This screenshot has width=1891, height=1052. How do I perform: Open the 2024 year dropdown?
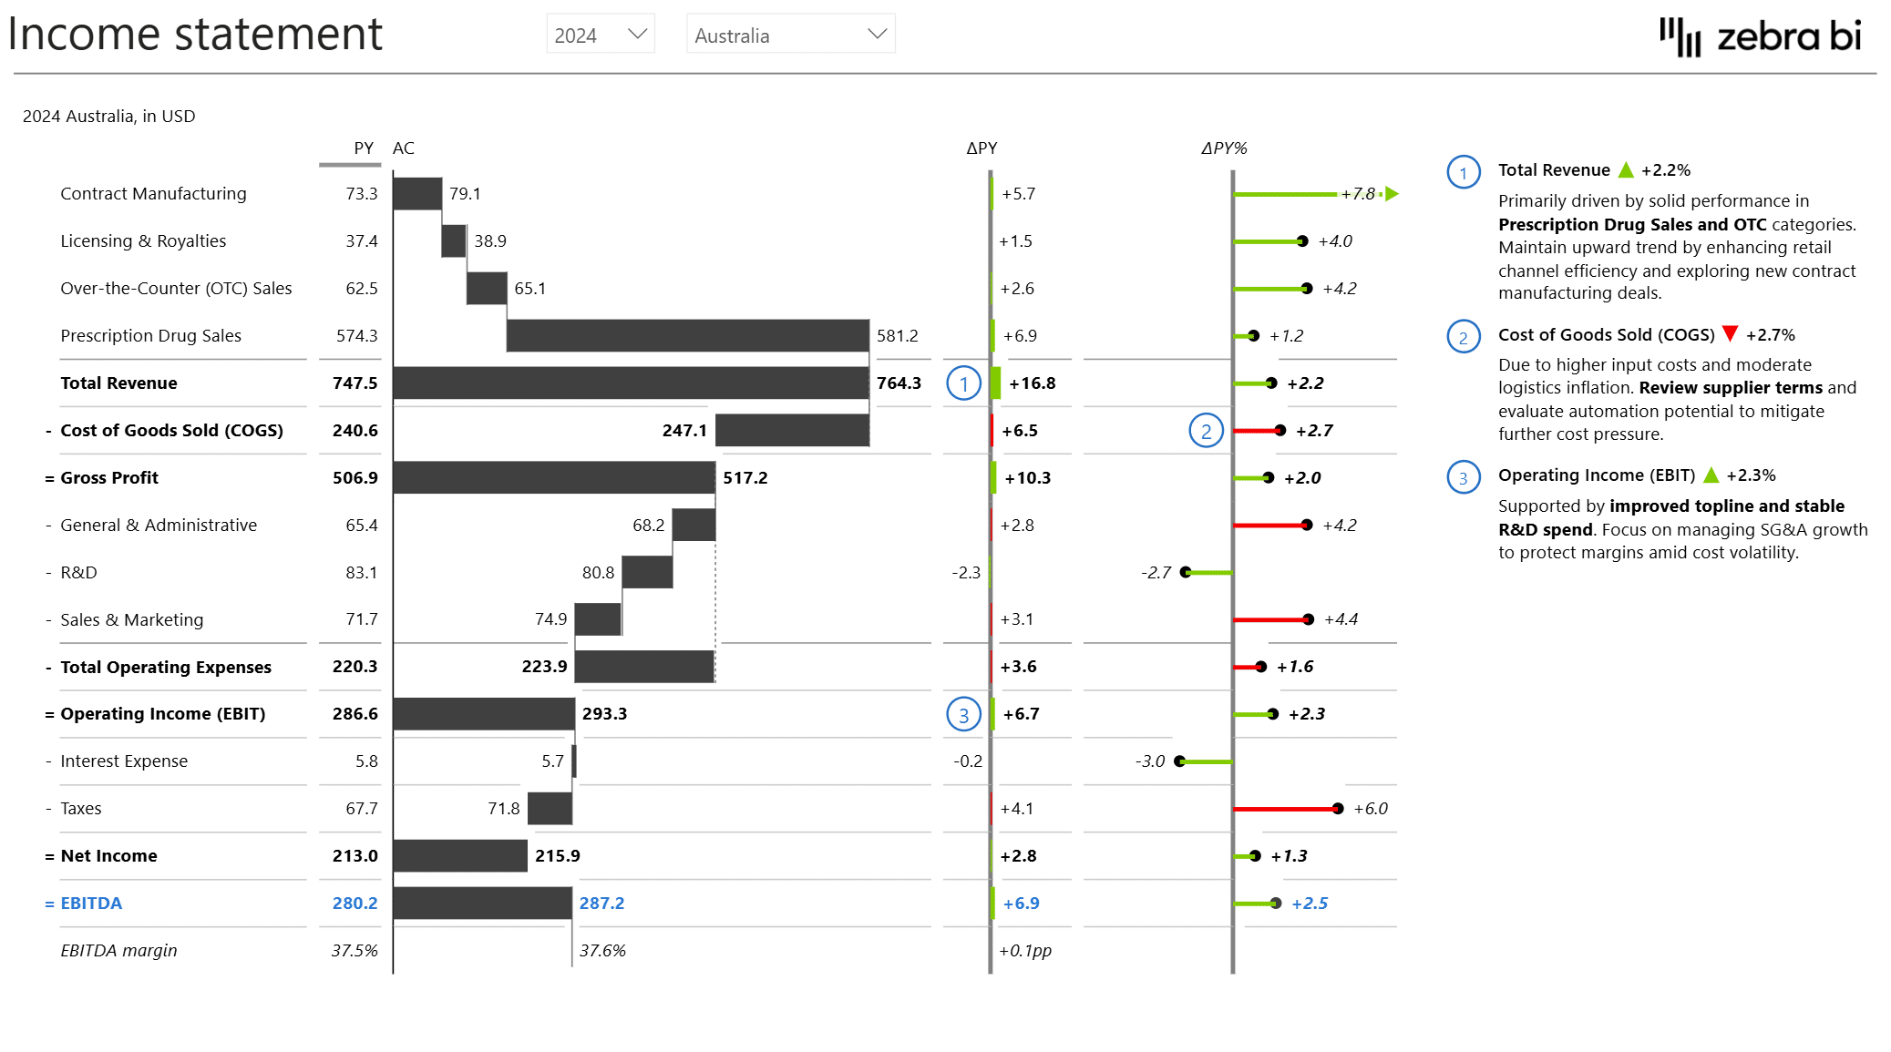[x=600, y=35]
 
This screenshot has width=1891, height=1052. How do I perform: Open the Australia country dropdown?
[x=789, y=35]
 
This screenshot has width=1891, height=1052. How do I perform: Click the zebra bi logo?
[x=1760, y=37]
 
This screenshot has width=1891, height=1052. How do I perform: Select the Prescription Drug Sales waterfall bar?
[x=687, y=335]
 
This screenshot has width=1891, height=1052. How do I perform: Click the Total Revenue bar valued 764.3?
[x=630, y=383]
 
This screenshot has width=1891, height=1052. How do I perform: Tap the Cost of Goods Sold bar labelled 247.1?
[x=792, y=430]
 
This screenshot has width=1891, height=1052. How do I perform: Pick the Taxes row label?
[x=81, y=808]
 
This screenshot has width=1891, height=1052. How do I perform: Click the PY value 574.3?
[x=356, y=335]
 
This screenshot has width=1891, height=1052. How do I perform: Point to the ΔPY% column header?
[x=1223, y=148]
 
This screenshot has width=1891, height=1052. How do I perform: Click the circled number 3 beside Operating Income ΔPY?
[x=963, y=715]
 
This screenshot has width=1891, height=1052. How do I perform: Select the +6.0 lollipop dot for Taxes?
[x=1337, y=809]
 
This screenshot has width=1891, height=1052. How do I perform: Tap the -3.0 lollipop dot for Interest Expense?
[x=1180, y=761]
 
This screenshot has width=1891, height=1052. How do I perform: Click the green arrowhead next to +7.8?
[x=1392, y=194]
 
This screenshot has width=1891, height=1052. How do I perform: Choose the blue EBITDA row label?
[x=91, y=903]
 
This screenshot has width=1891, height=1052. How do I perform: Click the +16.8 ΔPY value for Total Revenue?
[x=1032, y=383]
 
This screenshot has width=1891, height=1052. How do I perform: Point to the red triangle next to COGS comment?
[x=1730, y=333]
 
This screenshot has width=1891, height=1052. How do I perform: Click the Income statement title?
[x=195, y=35]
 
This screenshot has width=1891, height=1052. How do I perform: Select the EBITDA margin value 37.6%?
[x=602, y=950]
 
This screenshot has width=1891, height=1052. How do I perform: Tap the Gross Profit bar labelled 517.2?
[x=553, y=477]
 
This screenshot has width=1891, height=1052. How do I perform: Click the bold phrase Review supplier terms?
[x=1730, y=387]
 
